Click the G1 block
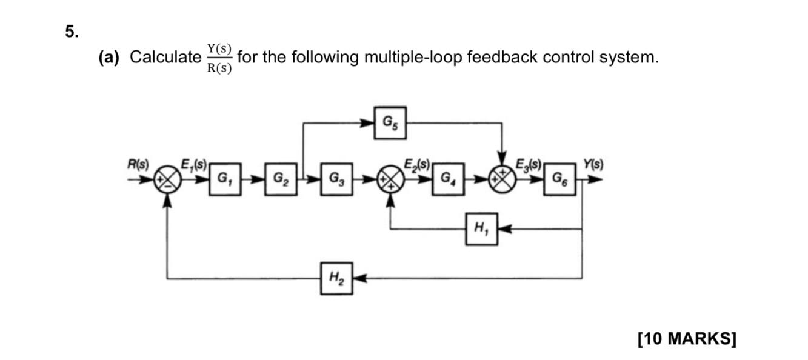[x=225, y=180]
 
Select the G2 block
[x=281, y=180]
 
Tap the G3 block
[x=336, y=180]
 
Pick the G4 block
[x=448, y=180]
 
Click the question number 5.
[x=72, y=33]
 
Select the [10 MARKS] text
[x=687, y=338]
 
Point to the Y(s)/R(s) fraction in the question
[x=219, y=58]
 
